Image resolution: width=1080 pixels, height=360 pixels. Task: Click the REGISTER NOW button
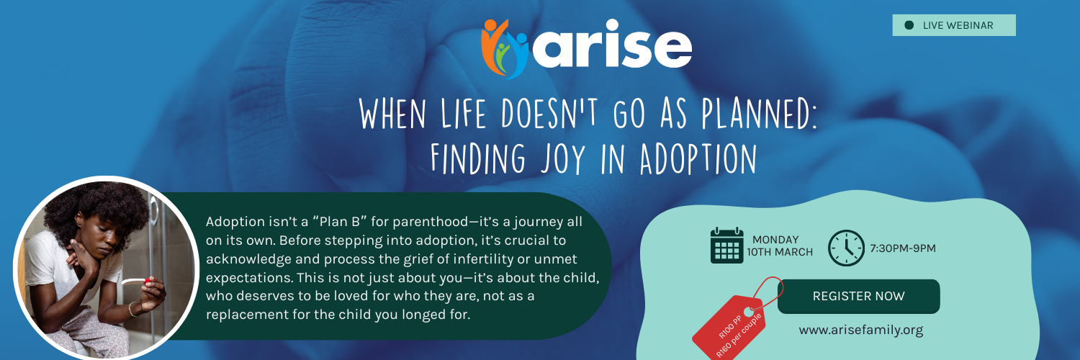coord(858,296)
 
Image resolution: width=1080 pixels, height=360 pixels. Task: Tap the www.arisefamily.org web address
coord(860,330)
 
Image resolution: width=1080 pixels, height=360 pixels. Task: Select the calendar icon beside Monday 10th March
coord(726,246)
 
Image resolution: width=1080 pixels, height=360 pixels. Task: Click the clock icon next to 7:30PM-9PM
coord(846,248)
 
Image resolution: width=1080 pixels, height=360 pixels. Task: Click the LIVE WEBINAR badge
coord(954,25)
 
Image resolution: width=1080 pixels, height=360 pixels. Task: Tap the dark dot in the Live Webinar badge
coord(909,25)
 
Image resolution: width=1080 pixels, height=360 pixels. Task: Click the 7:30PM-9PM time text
coord(902,248)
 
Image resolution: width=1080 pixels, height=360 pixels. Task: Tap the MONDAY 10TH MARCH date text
coord(782,246)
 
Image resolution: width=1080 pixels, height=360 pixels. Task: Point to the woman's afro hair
coord(94,205)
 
